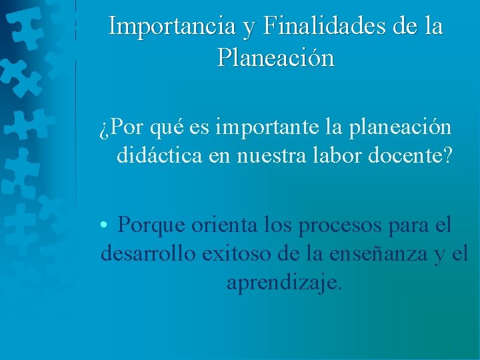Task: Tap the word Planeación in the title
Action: (x=275, y=58)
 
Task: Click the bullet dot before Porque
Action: (x=105, y=225)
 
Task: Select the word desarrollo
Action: (x=148, y=254)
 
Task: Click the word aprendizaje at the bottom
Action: (x=283, y=283)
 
